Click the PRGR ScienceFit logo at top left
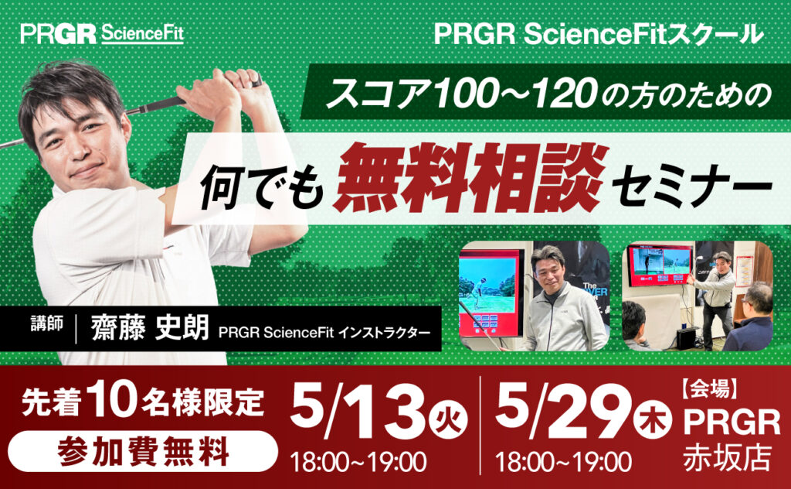point(102,34)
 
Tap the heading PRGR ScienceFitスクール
point(599,34)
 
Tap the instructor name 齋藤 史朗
point(150,328)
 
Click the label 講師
point(47,324)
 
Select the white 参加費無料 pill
point(143,451)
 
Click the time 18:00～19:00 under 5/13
point(358,462)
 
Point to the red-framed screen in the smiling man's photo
point(489,294)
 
